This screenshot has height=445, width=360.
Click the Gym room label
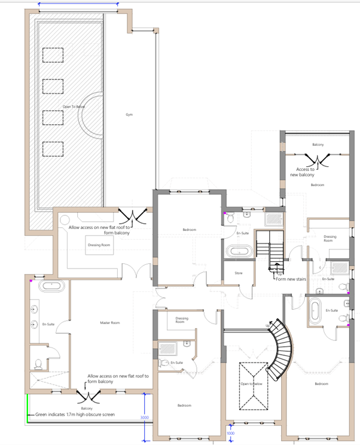129,114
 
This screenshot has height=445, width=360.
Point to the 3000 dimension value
144,417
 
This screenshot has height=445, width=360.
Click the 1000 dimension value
231,433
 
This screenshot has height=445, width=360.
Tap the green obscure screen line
27,407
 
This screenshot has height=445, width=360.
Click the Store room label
230,273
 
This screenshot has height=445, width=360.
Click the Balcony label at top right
318,145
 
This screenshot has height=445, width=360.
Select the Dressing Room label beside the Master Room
97,245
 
